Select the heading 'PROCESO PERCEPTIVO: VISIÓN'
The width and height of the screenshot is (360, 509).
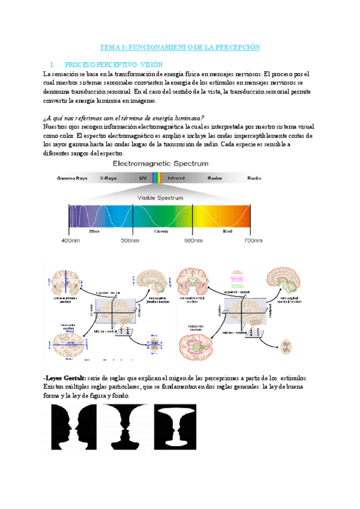pos(113,64)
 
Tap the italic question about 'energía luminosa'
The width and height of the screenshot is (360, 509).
pos(124,118)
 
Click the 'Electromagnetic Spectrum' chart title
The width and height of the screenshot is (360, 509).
pos(161,163)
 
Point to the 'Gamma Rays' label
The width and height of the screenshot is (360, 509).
pos(72,178)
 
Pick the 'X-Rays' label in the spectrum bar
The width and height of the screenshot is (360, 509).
pos(108,178)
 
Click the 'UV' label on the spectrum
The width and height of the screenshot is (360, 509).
pos(143,178)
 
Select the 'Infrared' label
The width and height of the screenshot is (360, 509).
pos(176,178)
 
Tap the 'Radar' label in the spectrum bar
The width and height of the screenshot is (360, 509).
pos(215,178)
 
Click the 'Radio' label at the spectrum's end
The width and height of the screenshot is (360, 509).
pos(254,178)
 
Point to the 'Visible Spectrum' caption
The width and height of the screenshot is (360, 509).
pos(160,197)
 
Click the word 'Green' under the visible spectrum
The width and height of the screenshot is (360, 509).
pos(161,230)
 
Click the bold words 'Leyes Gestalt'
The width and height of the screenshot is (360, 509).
pos(65,378)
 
